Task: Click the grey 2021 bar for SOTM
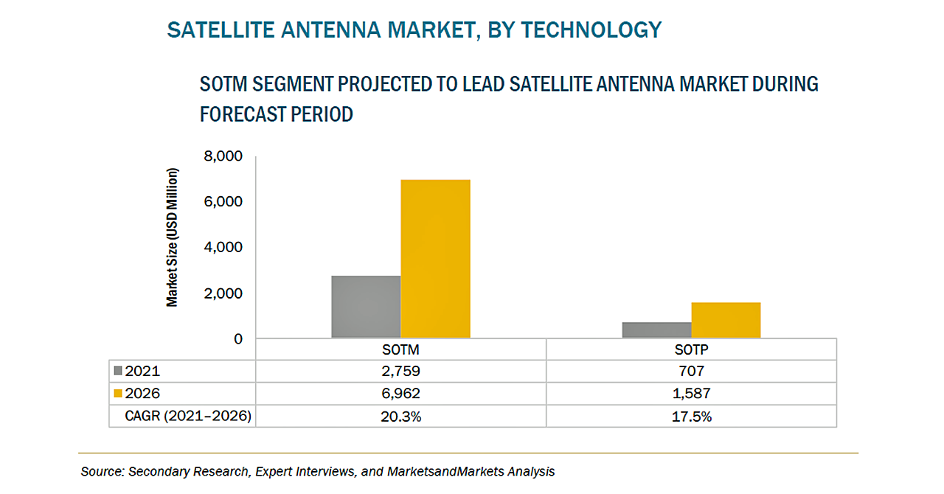(x=366, y=307)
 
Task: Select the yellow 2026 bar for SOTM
(x=435, y=259)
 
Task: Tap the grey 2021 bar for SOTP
(x=656, y=330)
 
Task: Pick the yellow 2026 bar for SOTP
(x=726, y=320)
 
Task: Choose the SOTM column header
(x=400, y=349)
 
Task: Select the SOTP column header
(x=691, y=349)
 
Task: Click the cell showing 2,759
(x=400, y=371)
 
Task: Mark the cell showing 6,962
(x=400, y=394)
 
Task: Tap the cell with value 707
(x=691, y=371)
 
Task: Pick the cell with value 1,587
(x=691, y=394)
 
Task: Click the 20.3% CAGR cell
(x=400, y=417)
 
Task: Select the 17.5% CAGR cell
(x=691, y=417)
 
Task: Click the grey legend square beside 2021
(x=119, y=371)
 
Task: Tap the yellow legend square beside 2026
(x=119, y=394)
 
